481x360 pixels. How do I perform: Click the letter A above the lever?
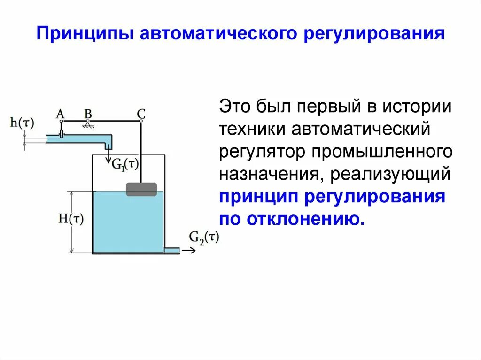pos(60,114)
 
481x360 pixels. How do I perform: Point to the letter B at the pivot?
pos(88,114)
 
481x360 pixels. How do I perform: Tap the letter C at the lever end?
pos(141,114)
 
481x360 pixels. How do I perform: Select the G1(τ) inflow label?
pos(124,164)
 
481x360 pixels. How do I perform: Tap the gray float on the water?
pos(141,189)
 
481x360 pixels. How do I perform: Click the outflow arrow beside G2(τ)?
pos(189,251)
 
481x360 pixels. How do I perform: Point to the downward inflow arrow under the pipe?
pos(108,153)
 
